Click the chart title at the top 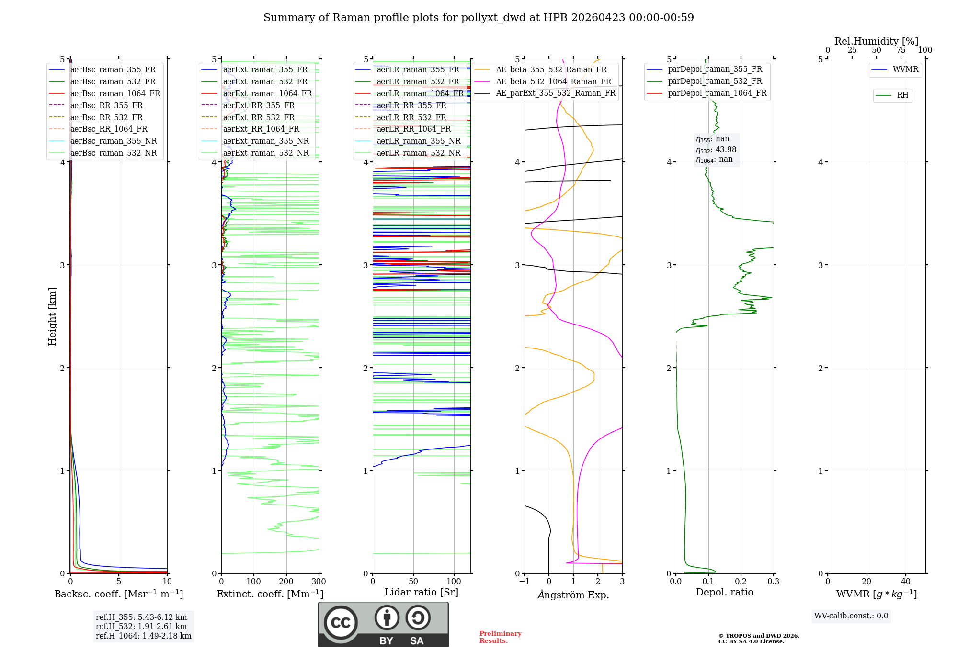[x=479, y=18]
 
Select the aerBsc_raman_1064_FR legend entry [x=115, y=93]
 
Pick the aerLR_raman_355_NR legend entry [x=418, y=141]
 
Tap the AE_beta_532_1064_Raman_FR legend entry [x=553, y=81]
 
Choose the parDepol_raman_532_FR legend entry [x=715, y=81]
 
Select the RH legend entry [x=902, y=95]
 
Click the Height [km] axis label [x=52, y=316]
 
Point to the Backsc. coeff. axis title [x=118, y=594]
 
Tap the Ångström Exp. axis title [x=573, y=595]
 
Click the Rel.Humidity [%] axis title [x=876, y=41]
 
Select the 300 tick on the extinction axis [x=319, y=582]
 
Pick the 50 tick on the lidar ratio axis [x=413, y=582]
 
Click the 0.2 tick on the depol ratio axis [x=741, y=582]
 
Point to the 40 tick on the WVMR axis [x=905, y=582]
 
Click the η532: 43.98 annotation [x=716, y=150]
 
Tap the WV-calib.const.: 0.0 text [x=851, y=616]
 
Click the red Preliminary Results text [x=500, y=637]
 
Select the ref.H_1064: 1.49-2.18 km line [x=143, y=636]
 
